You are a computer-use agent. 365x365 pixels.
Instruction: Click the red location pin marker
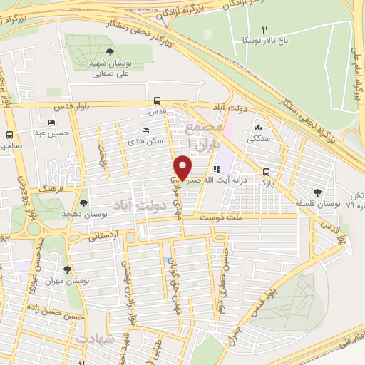coord(183,167)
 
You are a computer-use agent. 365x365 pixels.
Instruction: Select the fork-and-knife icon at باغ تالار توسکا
coord(264,29)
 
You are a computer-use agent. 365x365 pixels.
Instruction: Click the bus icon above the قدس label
coord(157,101)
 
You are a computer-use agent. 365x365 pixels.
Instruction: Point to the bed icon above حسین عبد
coord(51,122)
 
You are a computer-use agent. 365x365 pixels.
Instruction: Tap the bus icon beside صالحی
coord(10,134)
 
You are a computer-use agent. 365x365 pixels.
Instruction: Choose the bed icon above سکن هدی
coord(145,130)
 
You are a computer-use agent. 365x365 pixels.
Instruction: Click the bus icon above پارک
coord(266,172)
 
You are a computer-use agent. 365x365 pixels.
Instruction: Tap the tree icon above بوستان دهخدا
coord(84,202)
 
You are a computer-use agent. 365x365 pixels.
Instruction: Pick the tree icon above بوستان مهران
coord(67,269)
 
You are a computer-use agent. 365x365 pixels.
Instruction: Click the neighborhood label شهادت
coord(98,338)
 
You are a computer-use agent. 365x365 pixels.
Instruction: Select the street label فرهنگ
coord(52,192)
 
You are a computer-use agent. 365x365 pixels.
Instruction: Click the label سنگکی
coord(259,140)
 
